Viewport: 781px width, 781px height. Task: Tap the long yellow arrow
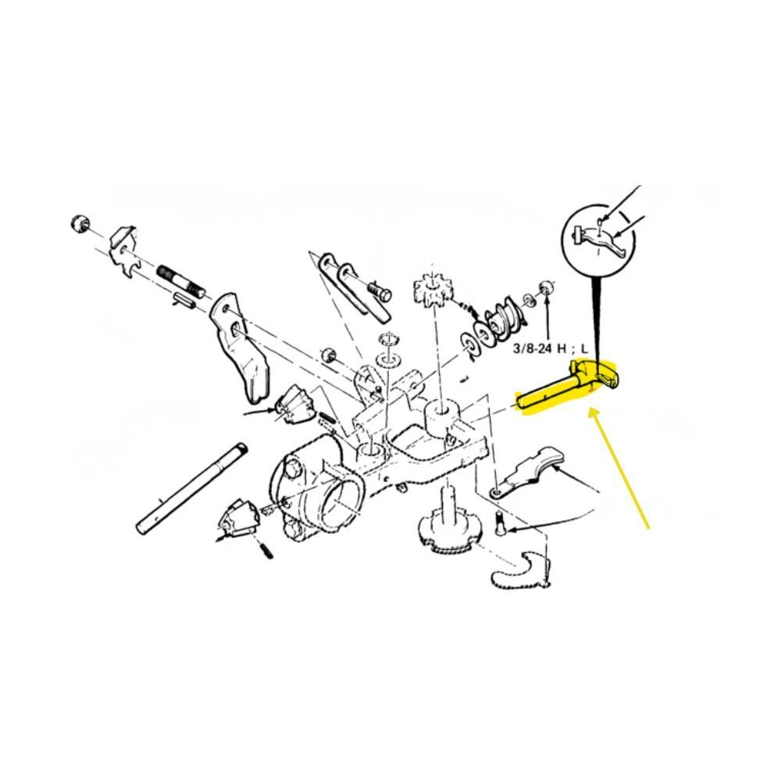(x=619, y=468)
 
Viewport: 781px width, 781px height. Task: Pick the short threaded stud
(x=180, y=281)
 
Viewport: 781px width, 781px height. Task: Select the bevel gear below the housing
(x=238, y=519)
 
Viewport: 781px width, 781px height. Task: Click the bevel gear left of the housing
(x=295, y=404)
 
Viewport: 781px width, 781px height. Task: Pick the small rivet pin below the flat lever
(x=501, y=524)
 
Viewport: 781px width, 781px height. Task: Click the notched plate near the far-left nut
(x=123, y=252)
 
